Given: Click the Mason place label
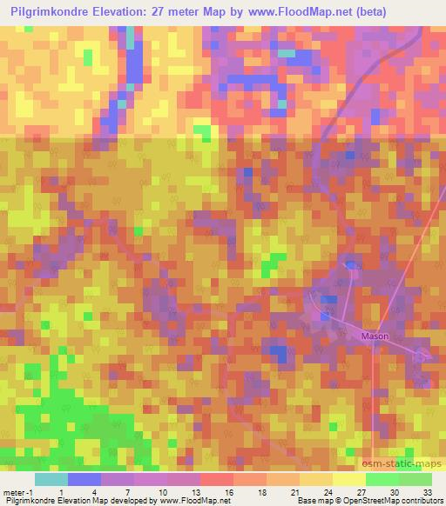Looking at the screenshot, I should point(375,336).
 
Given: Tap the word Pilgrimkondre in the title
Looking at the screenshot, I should point(54,12).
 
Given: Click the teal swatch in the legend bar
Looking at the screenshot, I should point(51,478).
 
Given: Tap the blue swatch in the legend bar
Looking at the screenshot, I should point(84,478).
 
